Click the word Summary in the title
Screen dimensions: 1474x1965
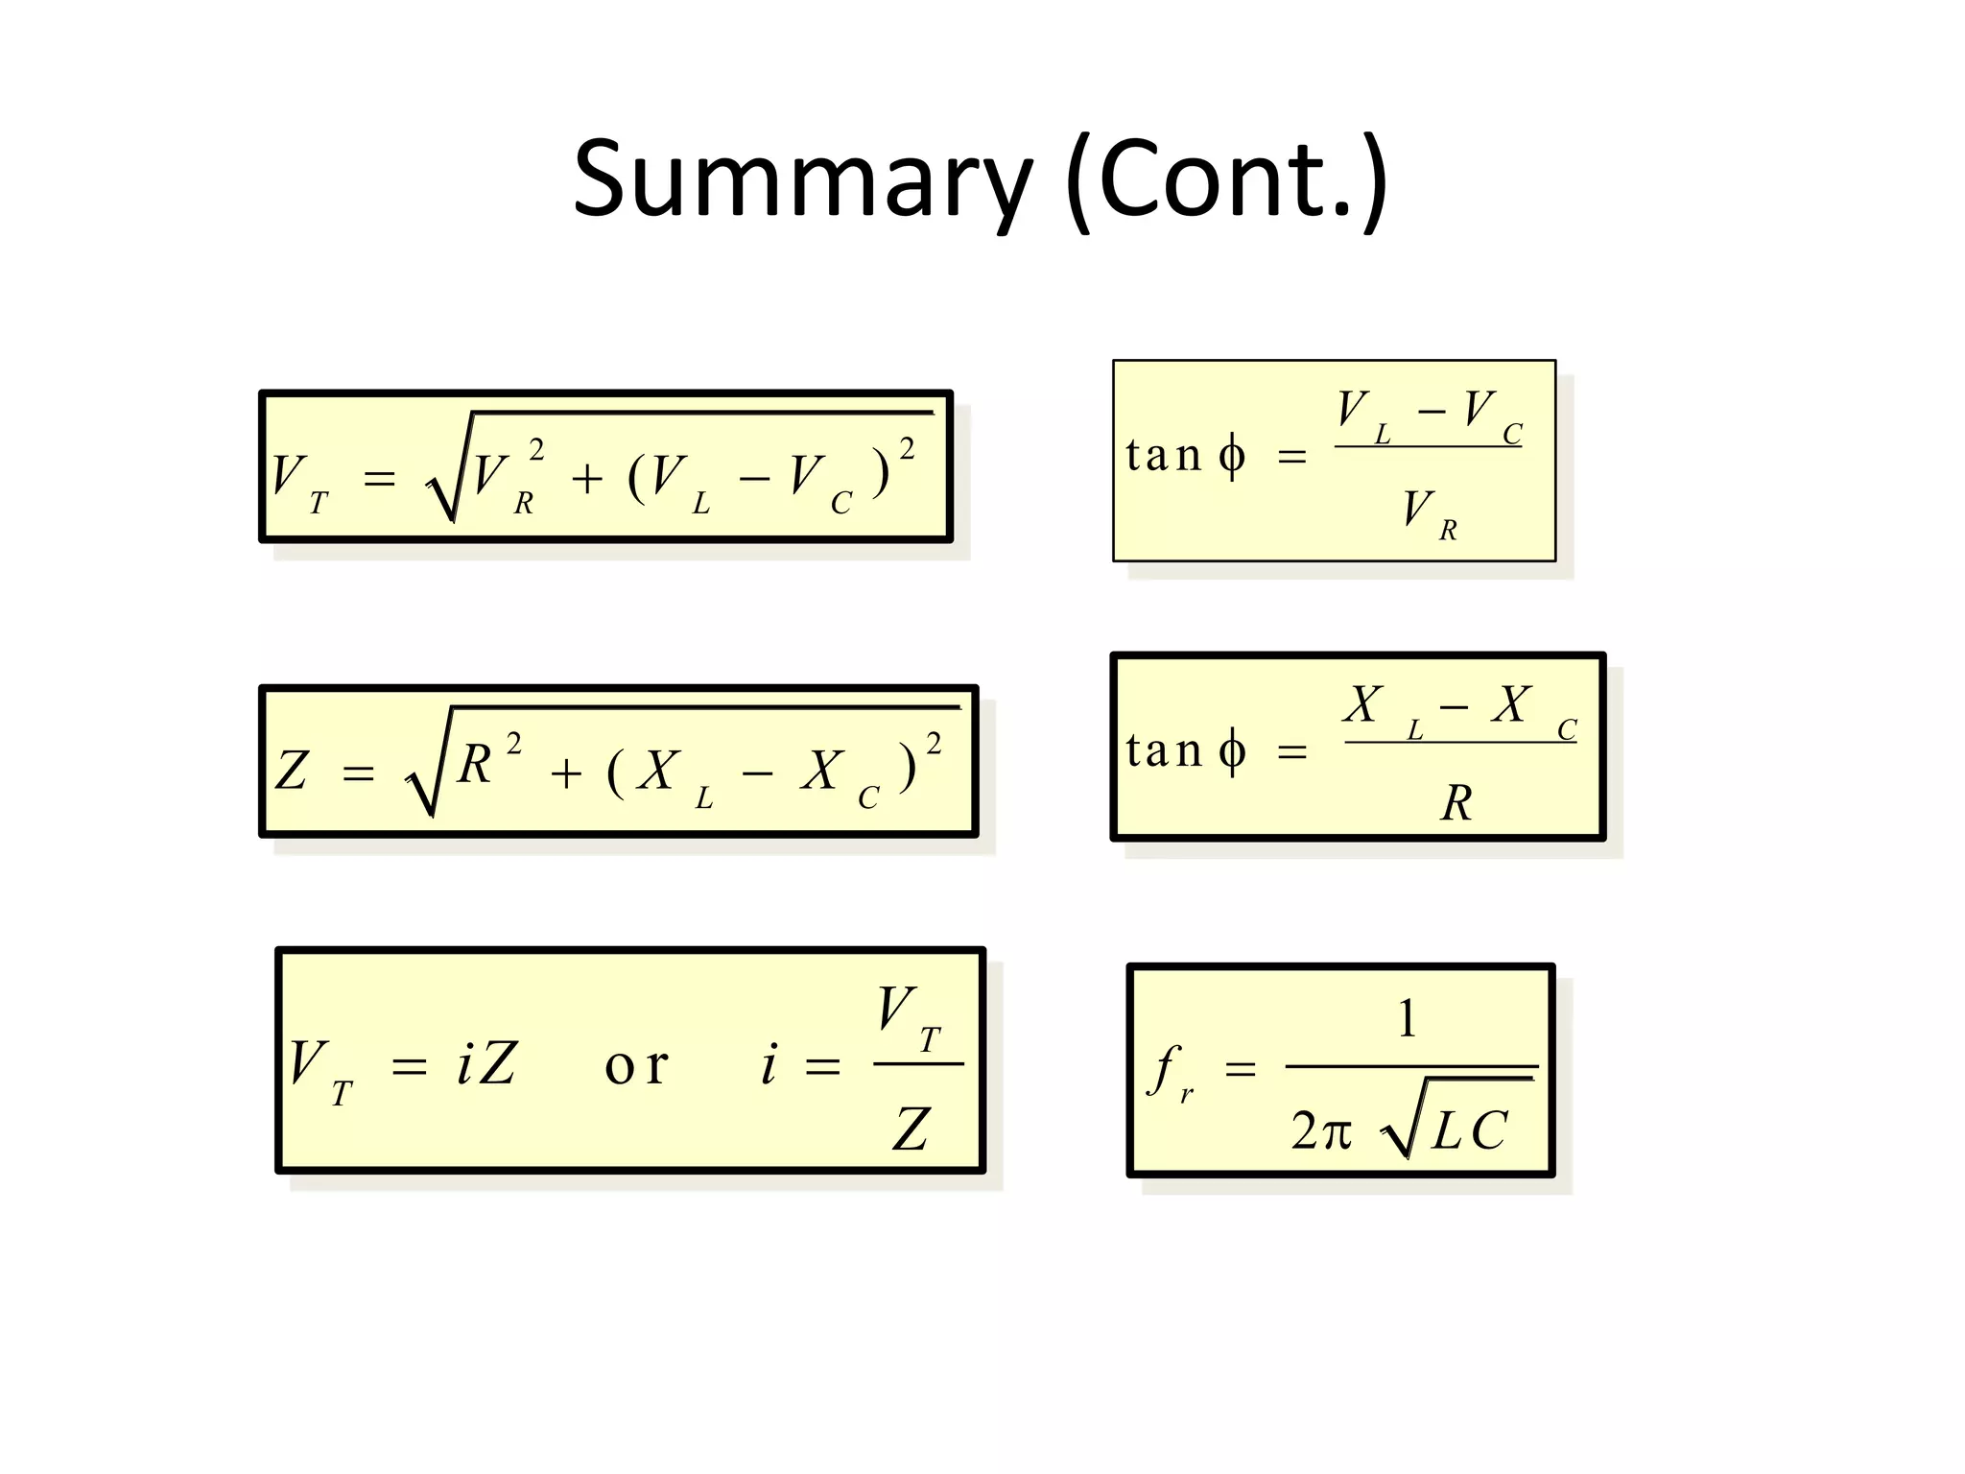pyautogui.click(x=802, y=180)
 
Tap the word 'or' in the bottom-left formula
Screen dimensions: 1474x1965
pyautogui.click(x=636, y=1065)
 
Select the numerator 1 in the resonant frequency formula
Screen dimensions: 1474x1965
pyautogui.click(x=1407, y=1018)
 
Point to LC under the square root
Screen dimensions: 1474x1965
pyautogui.click(x=1469, y=1129)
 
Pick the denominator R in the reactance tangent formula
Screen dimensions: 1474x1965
pyautogui.click(x=1456, y=803)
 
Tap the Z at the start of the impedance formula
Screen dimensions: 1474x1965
pyautogui.click(x=292, y=770)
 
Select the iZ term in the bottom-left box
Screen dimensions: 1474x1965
pyautogui.click(x=486, y=1063)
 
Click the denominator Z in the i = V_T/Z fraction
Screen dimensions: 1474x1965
pyautogui.click(x=911, y=1129)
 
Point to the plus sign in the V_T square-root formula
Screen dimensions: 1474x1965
pyautogui.click(x=587, y=478)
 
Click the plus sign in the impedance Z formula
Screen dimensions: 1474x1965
pyautogui.click(x=566, y=773)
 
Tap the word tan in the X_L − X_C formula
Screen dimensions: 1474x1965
pyautogui.click(x=1163, y=750)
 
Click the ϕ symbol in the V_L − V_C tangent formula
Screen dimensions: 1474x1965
pyautogui.click(x=1232, y=455)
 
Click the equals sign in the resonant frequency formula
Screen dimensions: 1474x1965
pyautogui.click(x=1240, y=1068)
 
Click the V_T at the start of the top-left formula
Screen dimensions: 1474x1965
pyautogui.click(x=298, y=480)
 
